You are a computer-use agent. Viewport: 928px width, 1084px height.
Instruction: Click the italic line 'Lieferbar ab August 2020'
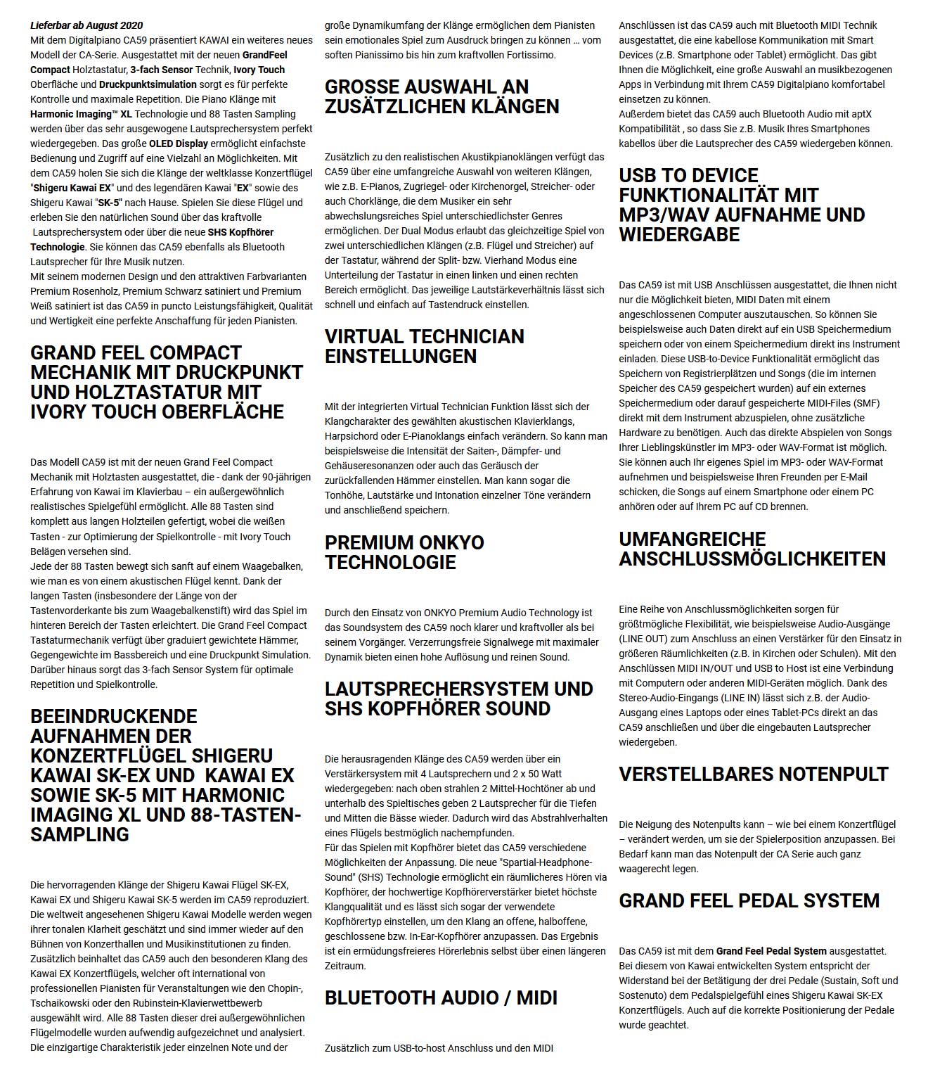click(x=86, y=25)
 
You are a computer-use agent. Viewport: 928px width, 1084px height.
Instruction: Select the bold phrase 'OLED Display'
click(x=179, y=144)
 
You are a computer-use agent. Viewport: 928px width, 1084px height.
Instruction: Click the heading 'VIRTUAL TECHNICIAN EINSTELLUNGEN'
click(x=424, y=346)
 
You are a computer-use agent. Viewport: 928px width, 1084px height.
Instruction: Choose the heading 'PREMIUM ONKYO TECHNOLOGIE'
click(x=404, y=552)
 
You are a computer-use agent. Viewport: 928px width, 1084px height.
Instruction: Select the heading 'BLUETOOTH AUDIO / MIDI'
click(x=441, y=997)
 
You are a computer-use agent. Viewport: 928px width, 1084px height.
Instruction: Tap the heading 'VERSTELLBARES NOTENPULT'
click(x=754, y=774)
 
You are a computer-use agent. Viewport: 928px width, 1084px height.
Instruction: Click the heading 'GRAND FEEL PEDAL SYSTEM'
click(x=749, y=900)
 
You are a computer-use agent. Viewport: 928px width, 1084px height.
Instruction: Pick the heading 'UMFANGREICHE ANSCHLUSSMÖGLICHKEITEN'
click(x=752, y=549)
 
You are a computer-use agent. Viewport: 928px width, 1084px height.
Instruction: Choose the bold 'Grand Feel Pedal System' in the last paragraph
click(x=771, y=951)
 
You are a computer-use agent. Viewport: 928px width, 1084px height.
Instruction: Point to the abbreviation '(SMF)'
click(x=867, y=403)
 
